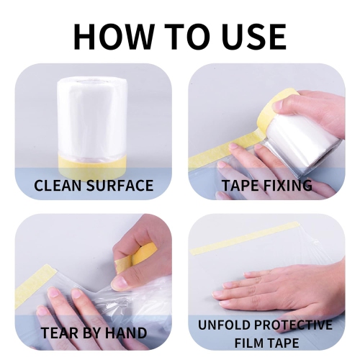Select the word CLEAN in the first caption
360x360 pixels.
point(58,186)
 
